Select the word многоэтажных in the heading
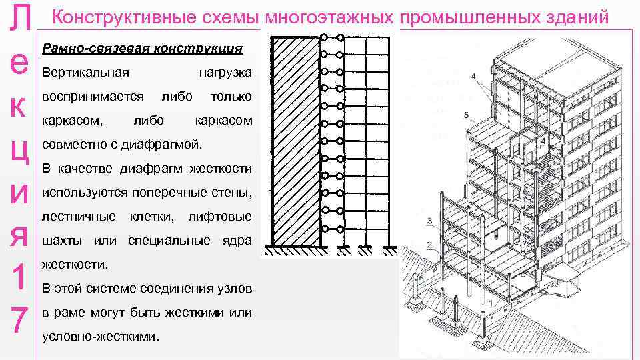(329, 17)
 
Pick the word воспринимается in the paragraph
(93, 97)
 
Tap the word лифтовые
(220, 217)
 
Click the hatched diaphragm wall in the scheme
(296, 141)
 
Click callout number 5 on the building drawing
(465, 115)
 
